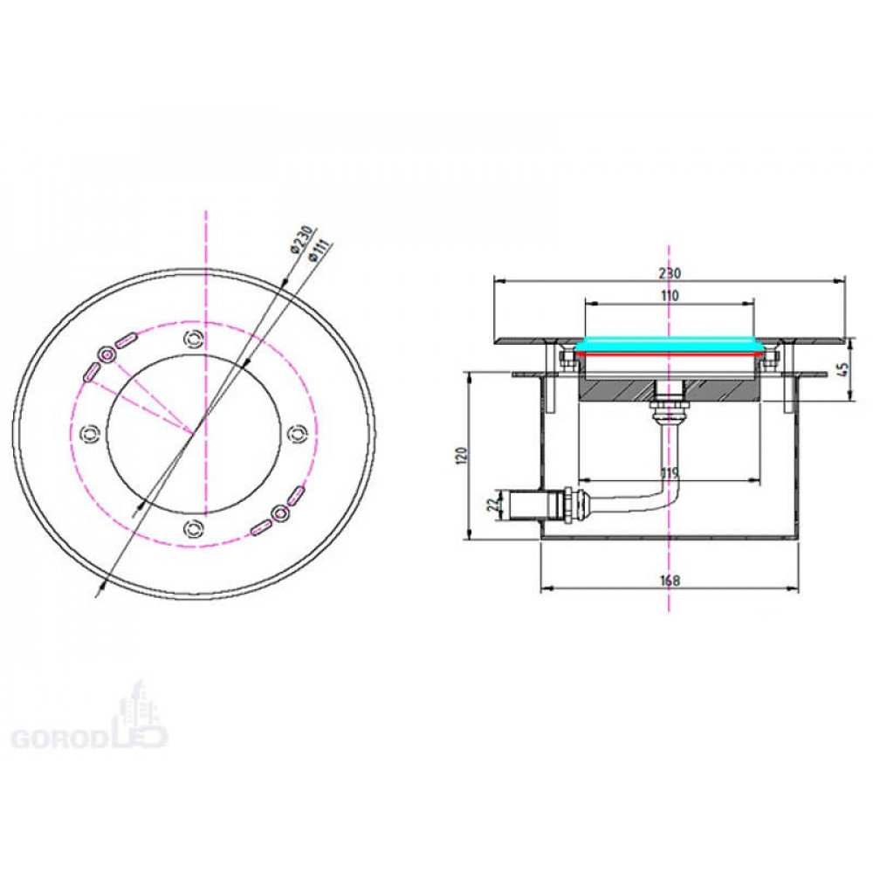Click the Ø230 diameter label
click(303, 240)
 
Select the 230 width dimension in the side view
click(670, 273)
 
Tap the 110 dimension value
click(670, 296)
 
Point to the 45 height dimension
click(843, 369)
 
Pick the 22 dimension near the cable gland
click(492, 505)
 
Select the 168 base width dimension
click(670, 581)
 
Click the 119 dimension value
click(670, 473)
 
